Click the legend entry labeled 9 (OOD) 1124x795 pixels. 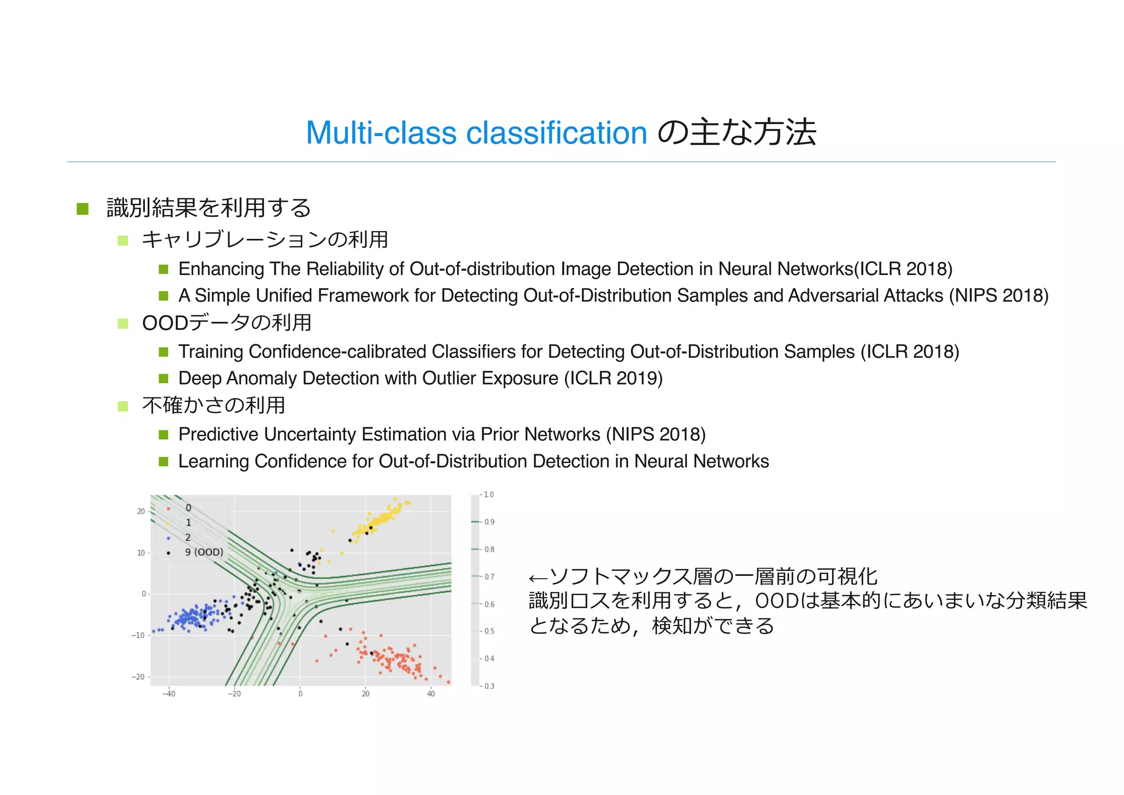pyautogui.click(x=204, y=552)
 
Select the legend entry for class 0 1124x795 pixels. pyautogui.click(x=188, y=508)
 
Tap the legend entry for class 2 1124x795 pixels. pyautogui.click(x=188, y=537)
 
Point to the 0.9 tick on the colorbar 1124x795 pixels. pyautogui.click(x=488, y=522)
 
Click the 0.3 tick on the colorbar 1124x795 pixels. pyautogui.click(x=488, y=686)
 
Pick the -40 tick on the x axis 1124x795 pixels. pyautogui.click(x=168, y=694)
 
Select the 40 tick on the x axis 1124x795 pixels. pyautogui.click(x=431, y=694)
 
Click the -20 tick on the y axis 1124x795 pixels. pyautogui.click(x=138, y=677)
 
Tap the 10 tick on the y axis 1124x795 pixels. pyautogui.click(x=140, y=553)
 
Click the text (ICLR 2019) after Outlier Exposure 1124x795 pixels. pyautogui.click(x=613, y=378)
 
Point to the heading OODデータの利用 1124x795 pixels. pyautogui.click(x=226, y=323)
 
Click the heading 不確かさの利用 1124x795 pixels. pyautogui.click(x=213, y=405)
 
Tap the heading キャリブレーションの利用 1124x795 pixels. pyautogui.click(x=265, y=239)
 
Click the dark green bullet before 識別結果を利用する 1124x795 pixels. pyautogui.click(x=83, y=209)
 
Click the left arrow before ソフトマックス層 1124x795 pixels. pyautogui.click(x=537, y=578)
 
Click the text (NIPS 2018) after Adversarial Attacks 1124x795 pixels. pyautogui.click(x=999, y=295)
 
